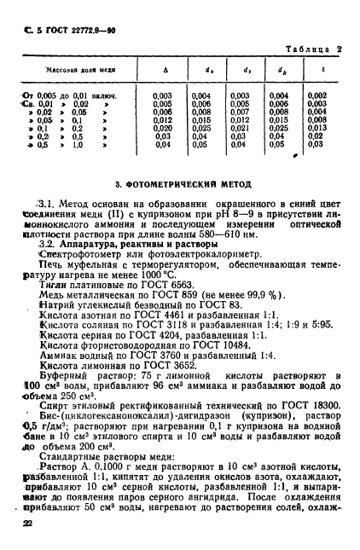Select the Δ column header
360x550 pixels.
(x=163, y=71)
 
